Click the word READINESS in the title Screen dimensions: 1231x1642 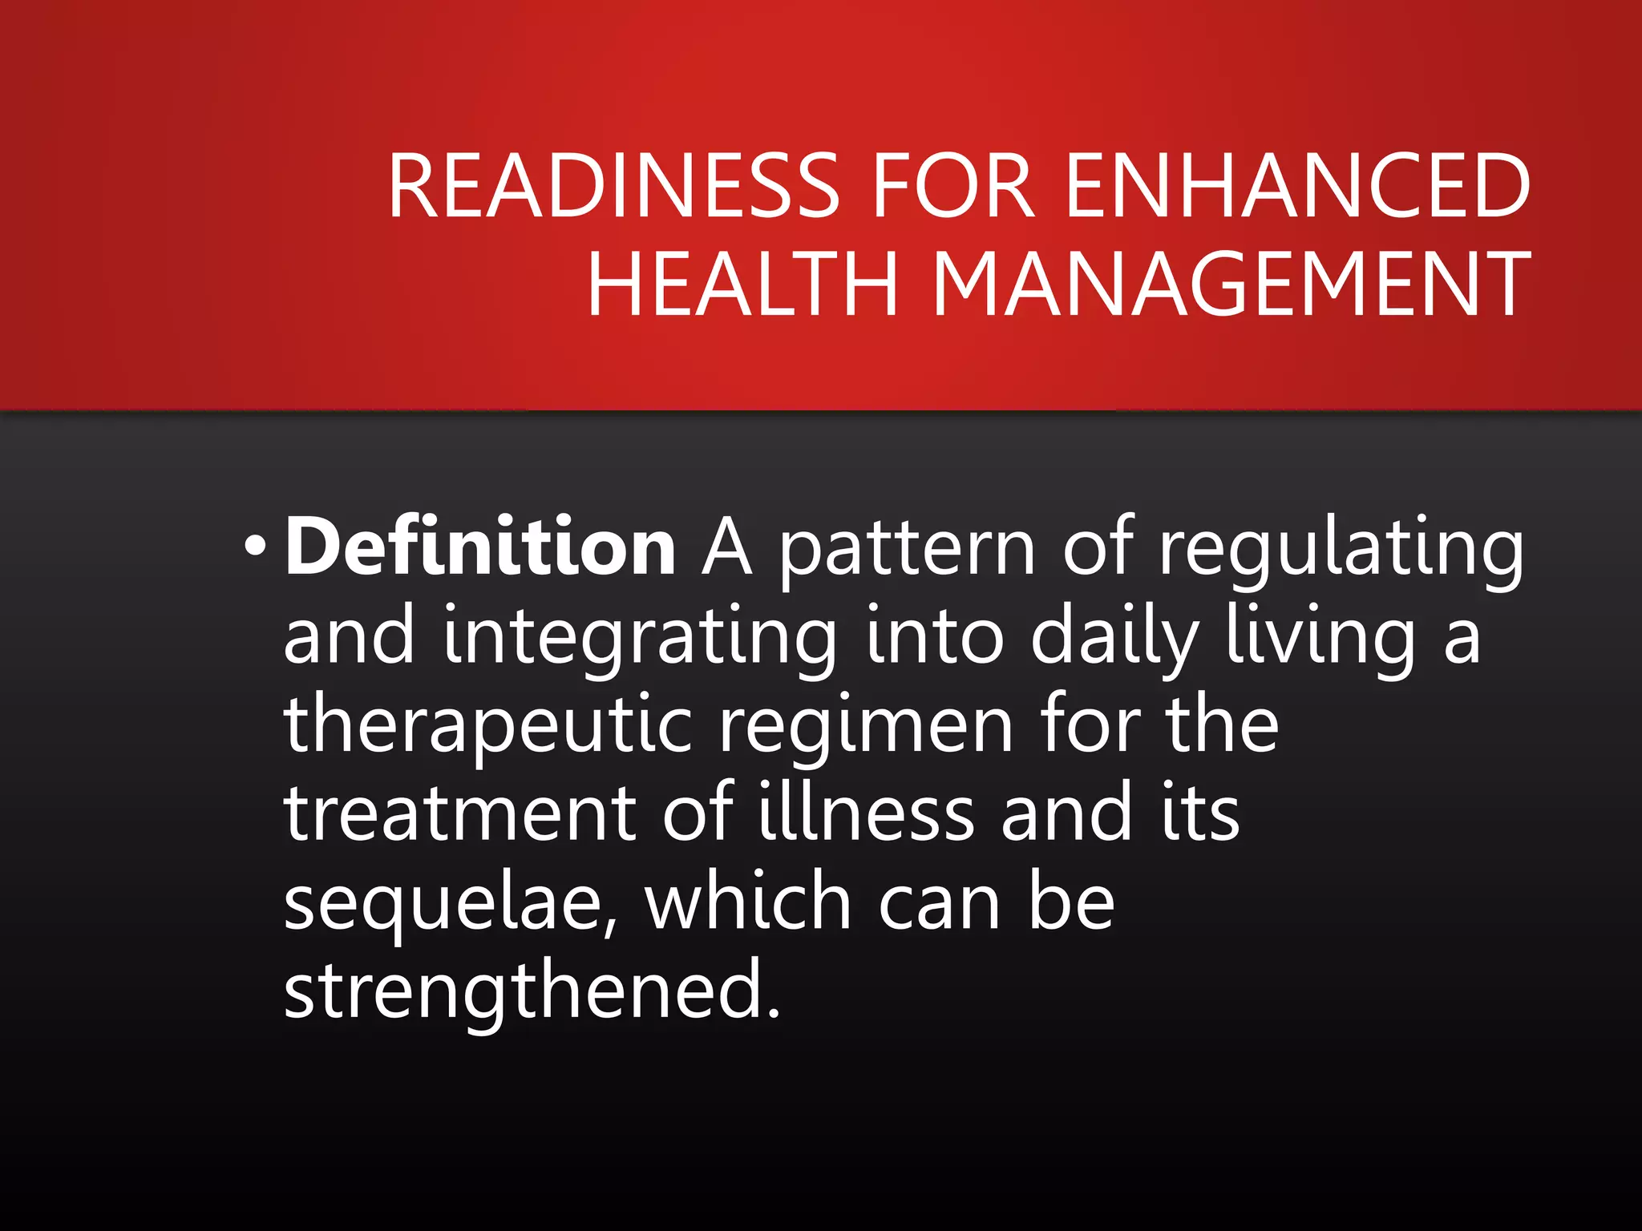[x=613, y=186]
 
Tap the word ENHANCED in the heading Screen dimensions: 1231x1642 [x=1298, y=186]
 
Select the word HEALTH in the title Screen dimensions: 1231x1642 [x=742, y=284]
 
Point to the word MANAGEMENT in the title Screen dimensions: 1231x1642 [x=1231, y=284]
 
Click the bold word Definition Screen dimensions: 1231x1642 [x=480, y=547]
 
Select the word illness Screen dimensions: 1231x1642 [x=866, y=813]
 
